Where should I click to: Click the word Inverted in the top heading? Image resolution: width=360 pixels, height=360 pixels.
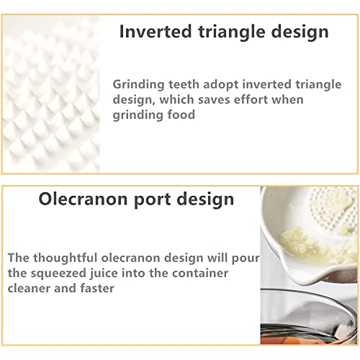click(156, 31)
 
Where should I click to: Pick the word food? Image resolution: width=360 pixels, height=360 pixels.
click(181, 114)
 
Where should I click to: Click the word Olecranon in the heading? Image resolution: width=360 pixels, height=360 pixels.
click(83, 199)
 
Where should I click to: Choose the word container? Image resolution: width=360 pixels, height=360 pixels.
click(200, 273)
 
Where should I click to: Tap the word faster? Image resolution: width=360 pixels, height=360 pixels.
click(97, 288)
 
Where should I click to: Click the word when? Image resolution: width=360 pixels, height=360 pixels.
click(288, 99)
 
